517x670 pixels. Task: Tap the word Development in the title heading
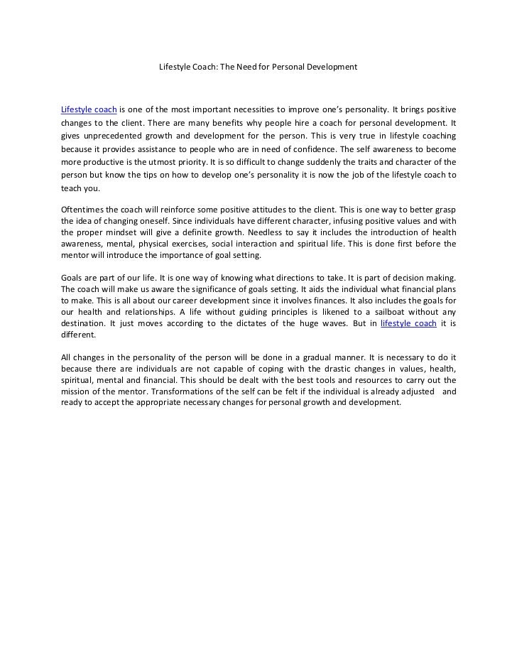tap(332, 67)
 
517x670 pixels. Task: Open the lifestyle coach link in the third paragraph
tap(408, 323)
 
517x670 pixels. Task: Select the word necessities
tap(247, 109)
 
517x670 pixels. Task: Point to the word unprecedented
tap(114, 136)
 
